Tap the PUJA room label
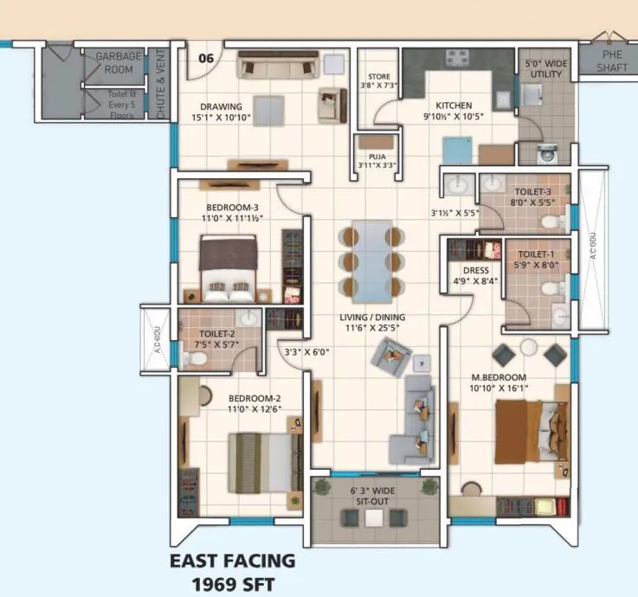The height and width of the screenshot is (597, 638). [x=377, y=157]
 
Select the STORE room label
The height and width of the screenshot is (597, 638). [x=379, y=77]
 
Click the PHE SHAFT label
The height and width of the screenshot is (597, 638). [x=618, y=60]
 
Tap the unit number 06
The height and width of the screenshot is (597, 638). [x=206, y=59]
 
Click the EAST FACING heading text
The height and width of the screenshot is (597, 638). [x=232, y=561]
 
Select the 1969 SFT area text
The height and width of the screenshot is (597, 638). [x=232, y=582]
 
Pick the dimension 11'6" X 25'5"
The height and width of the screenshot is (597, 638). [x=372, y=329]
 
